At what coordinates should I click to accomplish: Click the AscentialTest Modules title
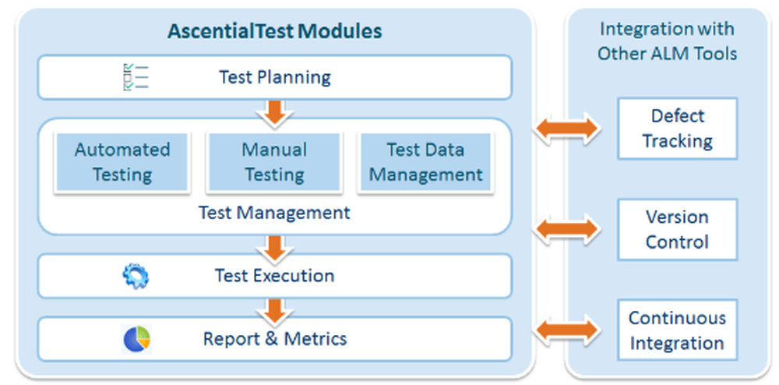click(275, 32)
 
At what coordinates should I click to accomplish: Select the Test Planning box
click(275, 77)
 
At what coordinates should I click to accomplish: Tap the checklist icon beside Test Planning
click(135, 77)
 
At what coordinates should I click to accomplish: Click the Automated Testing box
click(122, 162)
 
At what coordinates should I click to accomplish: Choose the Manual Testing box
click(274, 162)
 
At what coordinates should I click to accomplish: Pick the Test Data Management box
click(425, 162)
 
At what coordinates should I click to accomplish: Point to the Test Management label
click(274, 212)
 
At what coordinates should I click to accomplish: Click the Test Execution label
click(274, 276)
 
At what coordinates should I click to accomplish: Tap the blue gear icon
click(136, 276)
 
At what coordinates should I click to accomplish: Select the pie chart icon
click(136, 339)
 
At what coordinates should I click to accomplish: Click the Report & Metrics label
click(274, 339)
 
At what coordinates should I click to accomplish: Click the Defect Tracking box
click(677, 129)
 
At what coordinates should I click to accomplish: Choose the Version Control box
click(677, 229)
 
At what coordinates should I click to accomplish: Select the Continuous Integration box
click(677, 330)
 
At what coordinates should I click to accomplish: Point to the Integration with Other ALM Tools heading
click(667, 41)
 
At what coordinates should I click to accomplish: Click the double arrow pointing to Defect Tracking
click(566, 129)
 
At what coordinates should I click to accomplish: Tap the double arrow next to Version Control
click(566, 229)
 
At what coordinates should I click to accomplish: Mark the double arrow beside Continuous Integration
click(566, 330)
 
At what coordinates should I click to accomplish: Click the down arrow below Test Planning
click(274, 111)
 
